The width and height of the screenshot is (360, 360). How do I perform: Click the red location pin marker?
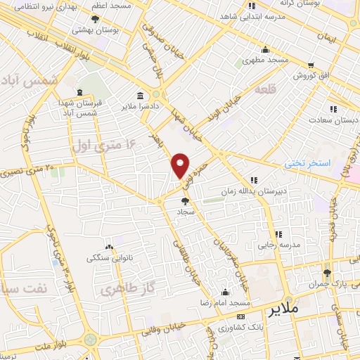181,165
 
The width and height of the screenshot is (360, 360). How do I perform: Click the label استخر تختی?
307,163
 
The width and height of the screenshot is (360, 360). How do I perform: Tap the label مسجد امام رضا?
224,302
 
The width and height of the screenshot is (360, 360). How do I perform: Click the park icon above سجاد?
186,201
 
